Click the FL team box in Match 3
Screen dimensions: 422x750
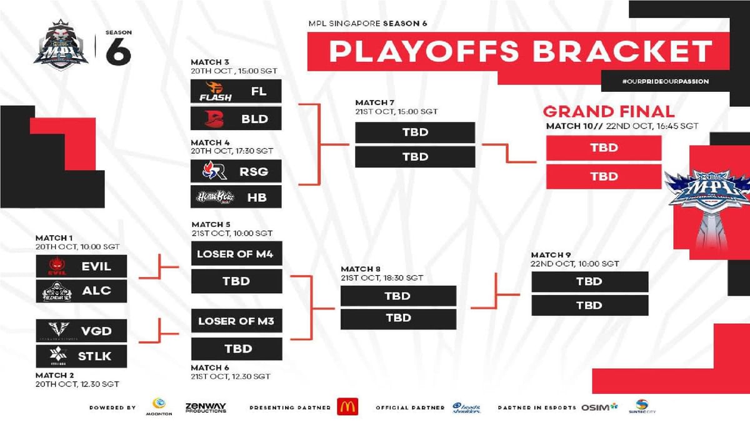tap(236, 91)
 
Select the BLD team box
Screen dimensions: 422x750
tap(236, 118)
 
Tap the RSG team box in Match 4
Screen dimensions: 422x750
tap(236, 171)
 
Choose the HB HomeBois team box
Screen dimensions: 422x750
tap(236, 197)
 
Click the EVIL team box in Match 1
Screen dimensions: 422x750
tap(81, 266)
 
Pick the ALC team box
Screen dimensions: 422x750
tap(81, 291)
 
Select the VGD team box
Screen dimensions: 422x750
tap(81, 331)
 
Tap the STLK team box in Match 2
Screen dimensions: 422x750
tap(81, 356)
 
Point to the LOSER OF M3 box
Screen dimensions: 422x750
tap(236, 321)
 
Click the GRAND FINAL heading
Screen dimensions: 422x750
tap(608, 112)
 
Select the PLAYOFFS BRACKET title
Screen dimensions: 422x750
tap(520, 51)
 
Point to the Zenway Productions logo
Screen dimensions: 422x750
tap(205, 407)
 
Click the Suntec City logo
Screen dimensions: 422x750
tap(641, 407)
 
